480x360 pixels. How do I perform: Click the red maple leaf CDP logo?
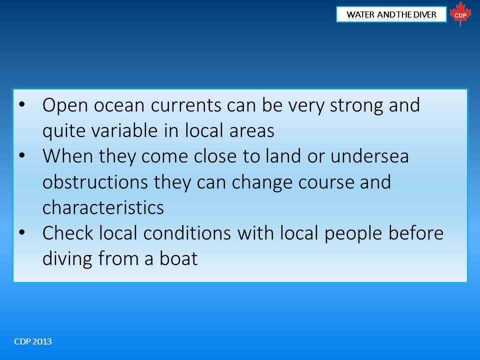460,14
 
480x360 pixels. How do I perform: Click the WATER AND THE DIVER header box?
391,14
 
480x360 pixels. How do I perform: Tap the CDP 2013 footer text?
33,341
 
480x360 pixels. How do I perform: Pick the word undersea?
369,156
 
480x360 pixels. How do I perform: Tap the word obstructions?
95,182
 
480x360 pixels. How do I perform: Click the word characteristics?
103,207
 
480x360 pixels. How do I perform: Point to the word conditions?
187,233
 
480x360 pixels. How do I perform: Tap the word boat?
178,258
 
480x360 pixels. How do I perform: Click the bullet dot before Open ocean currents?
22,104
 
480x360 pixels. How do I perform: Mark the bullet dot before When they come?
22,156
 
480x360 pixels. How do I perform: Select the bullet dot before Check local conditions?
22,232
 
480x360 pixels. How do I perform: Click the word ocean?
119,105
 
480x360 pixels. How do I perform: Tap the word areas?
251,131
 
